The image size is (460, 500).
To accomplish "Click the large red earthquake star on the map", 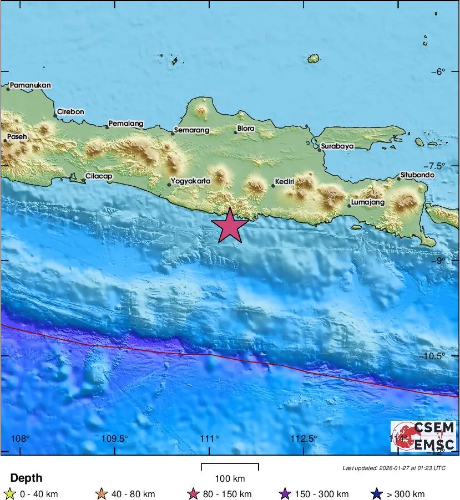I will tap(230, 226).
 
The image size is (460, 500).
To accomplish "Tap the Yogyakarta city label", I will tap(191, 181).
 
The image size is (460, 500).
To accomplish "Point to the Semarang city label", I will tap(191, 131).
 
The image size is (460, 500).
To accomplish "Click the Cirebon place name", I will tap(70, 111).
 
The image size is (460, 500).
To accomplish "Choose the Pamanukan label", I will tap(31, 85).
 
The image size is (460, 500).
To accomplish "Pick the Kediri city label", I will tap(284, 181).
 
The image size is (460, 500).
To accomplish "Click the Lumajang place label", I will tap(368, 202).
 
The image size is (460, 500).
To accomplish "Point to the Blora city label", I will tap(245, 129).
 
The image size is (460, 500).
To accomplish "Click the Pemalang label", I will tap(126, 123).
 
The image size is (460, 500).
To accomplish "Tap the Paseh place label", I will tap(17, 136).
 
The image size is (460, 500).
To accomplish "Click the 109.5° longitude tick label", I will tap(115, 438).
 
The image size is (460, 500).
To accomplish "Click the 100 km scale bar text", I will tap(230, 478).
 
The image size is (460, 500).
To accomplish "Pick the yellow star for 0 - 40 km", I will tap(9, 494).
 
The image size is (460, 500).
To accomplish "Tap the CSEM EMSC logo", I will tap(423, 436).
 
